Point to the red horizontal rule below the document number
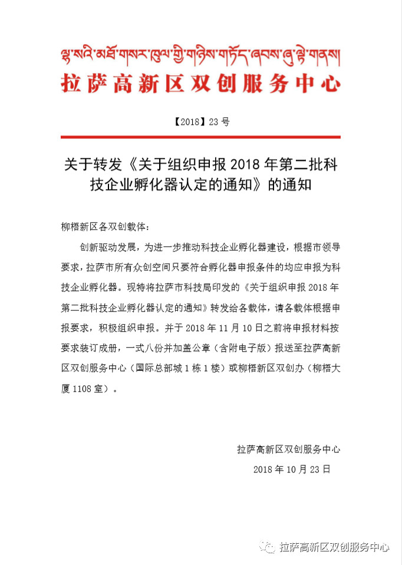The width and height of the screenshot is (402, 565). (200, 137)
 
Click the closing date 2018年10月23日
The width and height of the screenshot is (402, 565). (292, 469)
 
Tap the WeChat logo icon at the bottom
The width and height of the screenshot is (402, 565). (268, 547)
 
